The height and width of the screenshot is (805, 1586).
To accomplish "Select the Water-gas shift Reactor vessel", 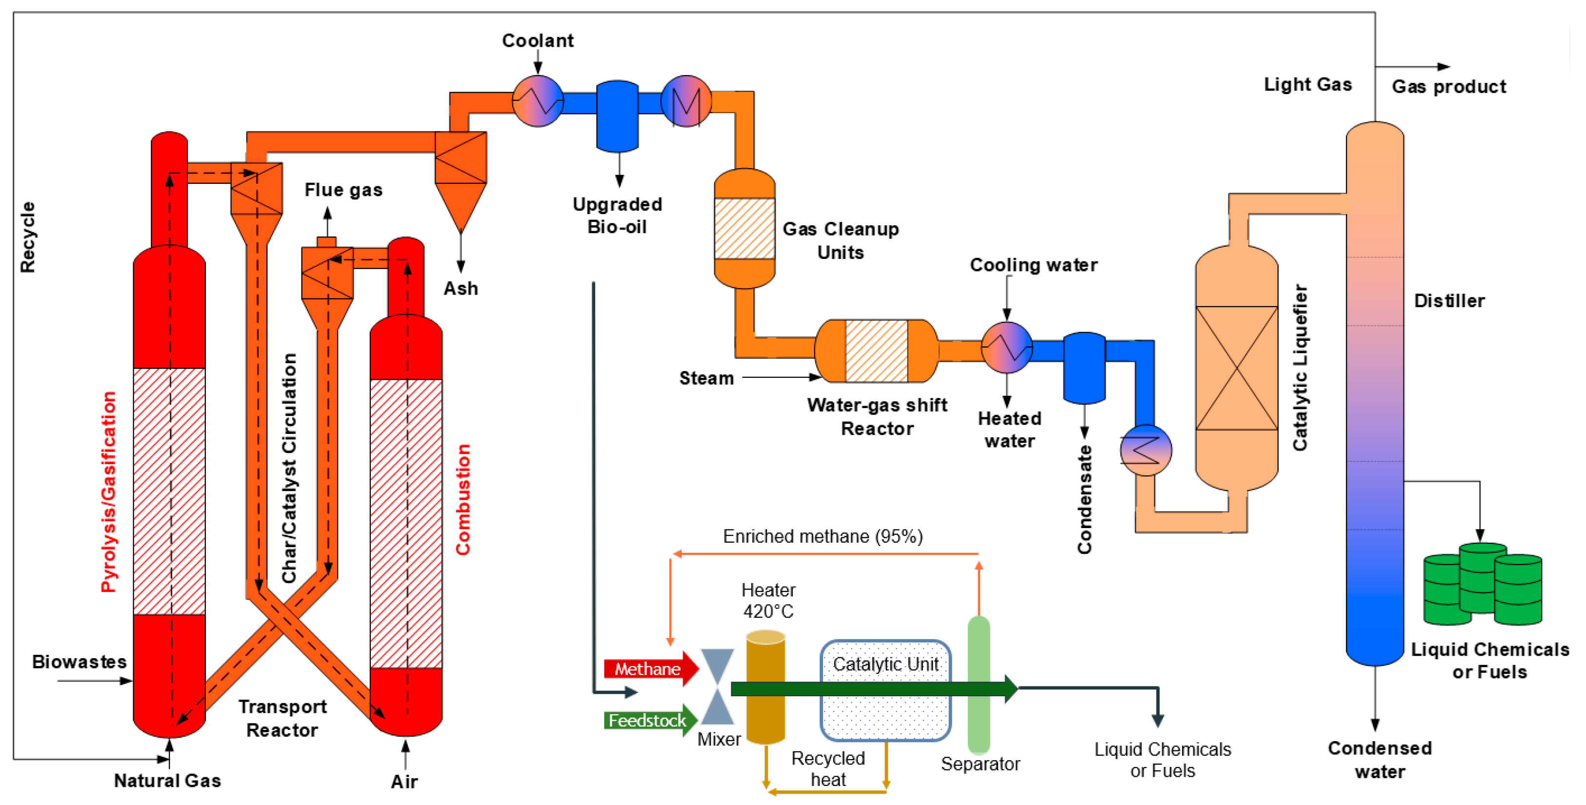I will coord(876,351).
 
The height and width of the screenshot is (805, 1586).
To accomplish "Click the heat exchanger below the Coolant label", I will coord(538,101).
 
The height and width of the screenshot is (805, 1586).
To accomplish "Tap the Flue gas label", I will coord(343,190).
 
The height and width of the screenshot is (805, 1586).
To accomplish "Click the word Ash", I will coord(461,289).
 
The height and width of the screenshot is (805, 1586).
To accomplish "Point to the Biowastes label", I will coord(80,662).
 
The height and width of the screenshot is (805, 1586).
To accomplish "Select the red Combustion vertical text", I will coord(463,499).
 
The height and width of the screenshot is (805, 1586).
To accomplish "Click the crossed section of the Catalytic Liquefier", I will coord(1236,368).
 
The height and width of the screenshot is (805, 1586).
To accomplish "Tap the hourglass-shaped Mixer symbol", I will coord(717,686).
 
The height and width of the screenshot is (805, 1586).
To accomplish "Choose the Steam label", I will coord(706,378).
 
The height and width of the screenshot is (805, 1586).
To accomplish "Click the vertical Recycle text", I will coord(28,237).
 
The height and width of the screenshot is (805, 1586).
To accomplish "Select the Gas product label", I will coord(1449,87).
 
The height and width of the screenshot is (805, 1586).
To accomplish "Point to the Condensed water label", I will coord(1379,760).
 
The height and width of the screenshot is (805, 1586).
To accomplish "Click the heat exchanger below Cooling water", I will coord(1006,348).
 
